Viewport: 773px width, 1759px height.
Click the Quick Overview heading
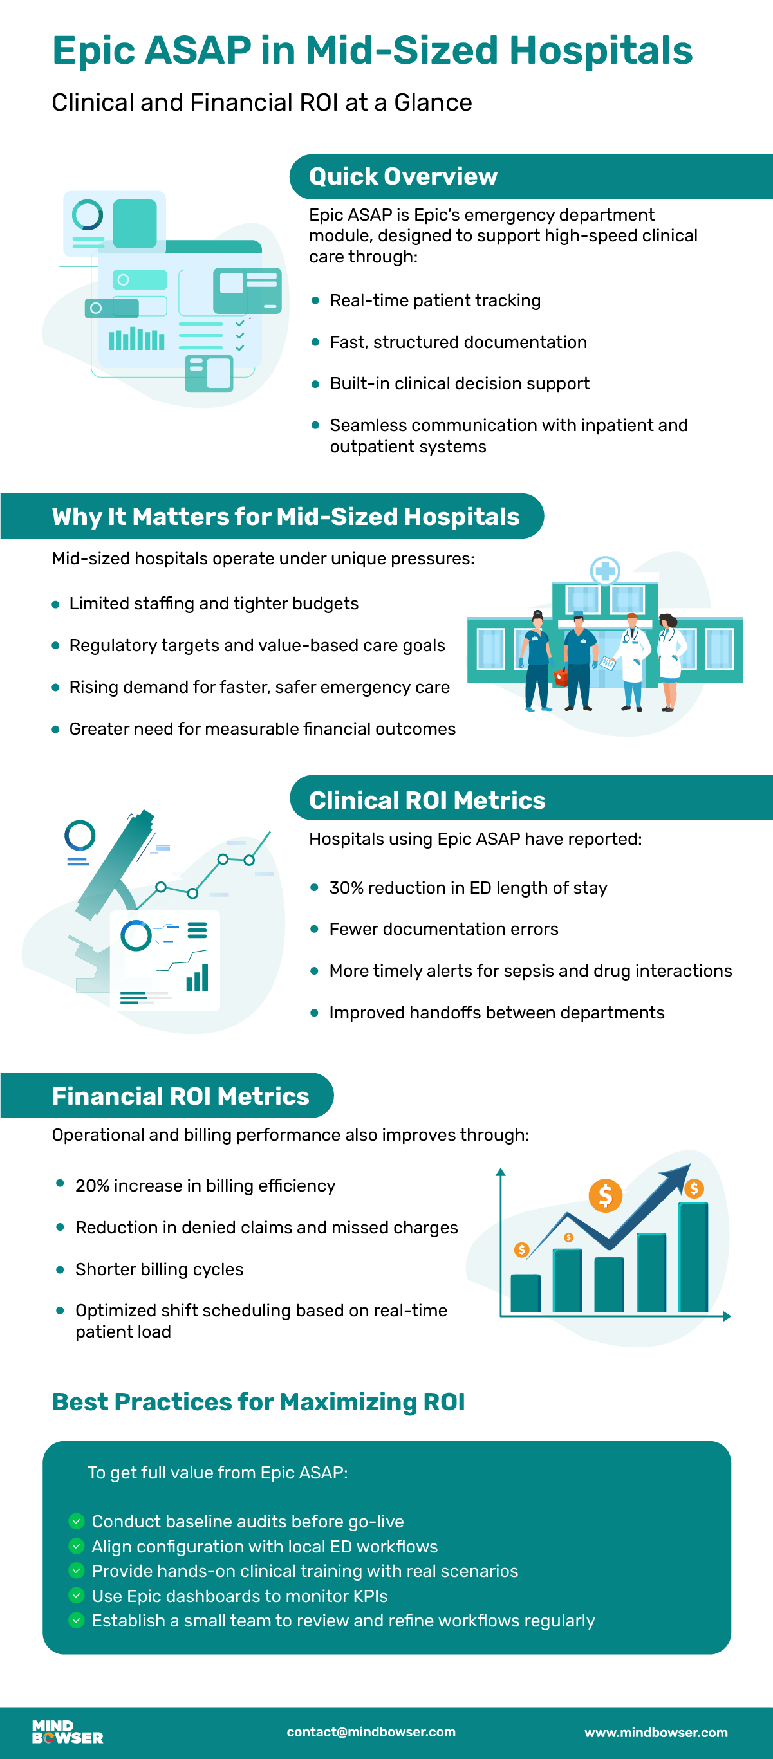pyautogui.click(x=403, y=177)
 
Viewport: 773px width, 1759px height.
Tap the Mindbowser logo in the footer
pyautogui.click(x=68, y=1733)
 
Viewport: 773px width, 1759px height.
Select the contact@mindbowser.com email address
pyautogui.click(x=371, y=1732)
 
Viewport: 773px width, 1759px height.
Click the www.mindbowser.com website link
pyautogui.click(x=656, y=1733)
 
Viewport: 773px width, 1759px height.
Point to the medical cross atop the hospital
pyautogui.click(x=604, y=570)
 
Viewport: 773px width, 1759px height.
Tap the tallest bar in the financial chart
pyautogui.click(x=693, y=1257)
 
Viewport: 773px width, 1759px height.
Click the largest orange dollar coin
pyautogui.click(x=605, y=1195)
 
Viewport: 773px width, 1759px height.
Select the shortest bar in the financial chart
pyautogui.click(x=525, y=1293)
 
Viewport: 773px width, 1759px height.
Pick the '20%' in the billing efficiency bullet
pyautogui.click(x=92, y=1185)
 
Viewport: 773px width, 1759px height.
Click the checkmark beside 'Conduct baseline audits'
pyautogui.click(x=77, y=1521)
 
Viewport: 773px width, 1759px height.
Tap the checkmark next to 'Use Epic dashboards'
pyautogui.click(x=77, y=1595)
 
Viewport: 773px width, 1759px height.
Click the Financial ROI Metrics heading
pyautogui.click(x=180, y=1096)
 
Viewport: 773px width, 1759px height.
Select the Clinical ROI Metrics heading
pyautogui.click(x=427, y=800)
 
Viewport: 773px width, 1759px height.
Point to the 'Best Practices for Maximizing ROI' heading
pyautogui.click(x=258, y=1401)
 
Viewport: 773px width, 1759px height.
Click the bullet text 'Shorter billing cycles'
pyautogui.click(x=159, y=1269)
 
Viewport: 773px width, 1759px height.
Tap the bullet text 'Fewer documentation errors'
pyautogui.click(x=444, y=928)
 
